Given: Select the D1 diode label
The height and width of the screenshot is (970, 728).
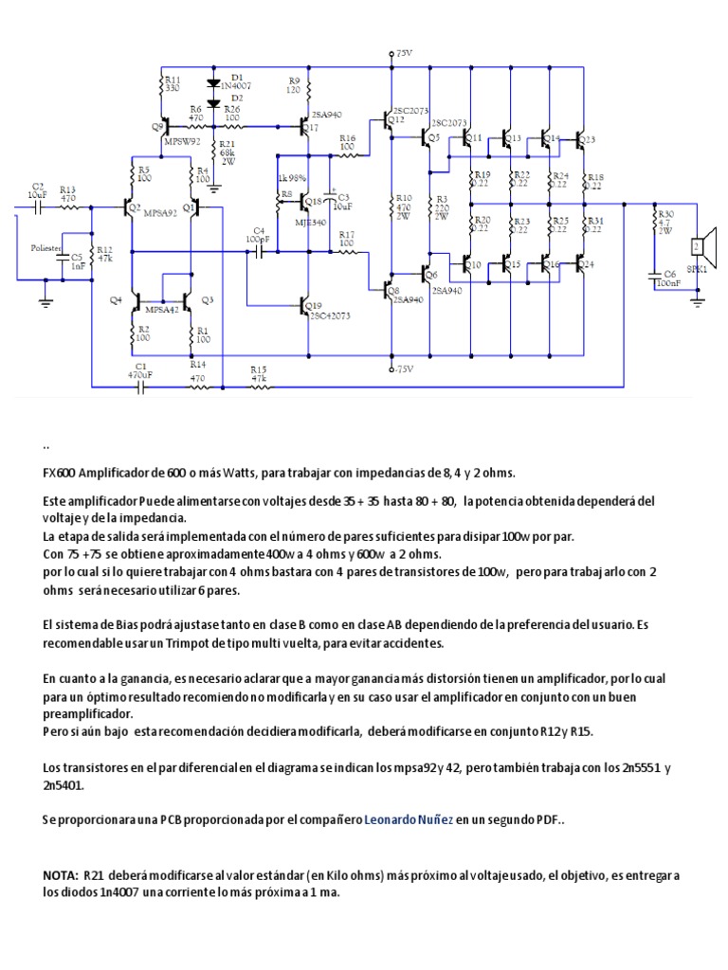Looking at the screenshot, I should point(237,77).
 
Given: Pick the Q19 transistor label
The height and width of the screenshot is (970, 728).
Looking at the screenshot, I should point(312,305).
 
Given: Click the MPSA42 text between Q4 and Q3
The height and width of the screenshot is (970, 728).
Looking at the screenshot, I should point(161,308).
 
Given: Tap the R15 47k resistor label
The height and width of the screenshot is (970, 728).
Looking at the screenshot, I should point(258,373).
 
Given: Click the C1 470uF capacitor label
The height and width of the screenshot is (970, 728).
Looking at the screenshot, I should point(141,370).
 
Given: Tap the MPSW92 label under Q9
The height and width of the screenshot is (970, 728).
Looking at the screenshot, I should point(180,140).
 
